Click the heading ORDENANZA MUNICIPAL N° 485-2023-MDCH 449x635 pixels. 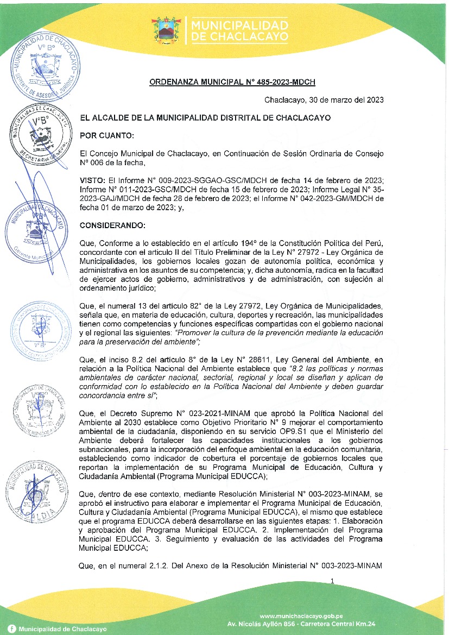tap(232, 82)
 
